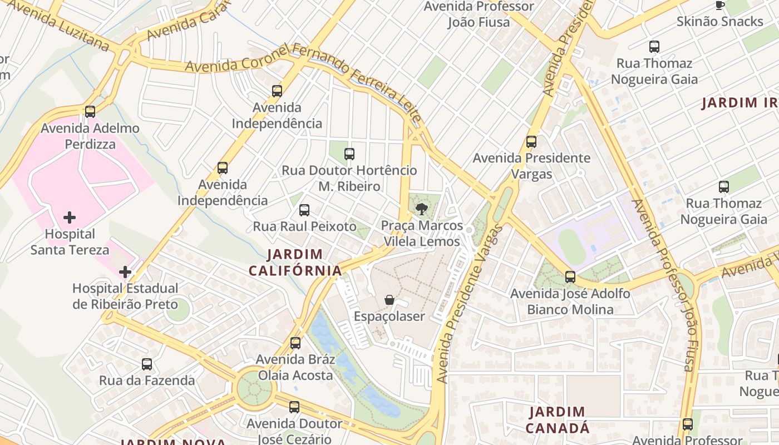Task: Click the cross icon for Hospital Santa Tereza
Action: pos(70,217)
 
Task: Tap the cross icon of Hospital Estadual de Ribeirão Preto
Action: pos(125,272)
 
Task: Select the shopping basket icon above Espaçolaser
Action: pos(389,300)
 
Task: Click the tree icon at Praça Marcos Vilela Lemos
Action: pos(422,209)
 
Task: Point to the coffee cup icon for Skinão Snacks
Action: pos(719,5)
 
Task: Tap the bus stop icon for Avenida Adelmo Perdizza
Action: pos(90,112)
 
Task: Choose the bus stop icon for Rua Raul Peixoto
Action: pos(304,210)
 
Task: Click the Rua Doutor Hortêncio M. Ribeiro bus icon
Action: pos(349,154)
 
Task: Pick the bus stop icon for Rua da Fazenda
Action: pos(147,364)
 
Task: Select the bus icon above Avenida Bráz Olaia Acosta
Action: pos(295,343)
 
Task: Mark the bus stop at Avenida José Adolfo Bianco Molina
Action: pos(570,277)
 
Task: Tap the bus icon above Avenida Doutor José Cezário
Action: pos(294,407)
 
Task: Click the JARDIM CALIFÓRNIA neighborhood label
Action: pos(295,263)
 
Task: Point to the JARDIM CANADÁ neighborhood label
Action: pos(558,420)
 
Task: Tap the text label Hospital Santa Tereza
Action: pos(70,242)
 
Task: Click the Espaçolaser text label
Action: pos(389,317)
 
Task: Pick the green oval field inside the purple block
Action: pos(572,246)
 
